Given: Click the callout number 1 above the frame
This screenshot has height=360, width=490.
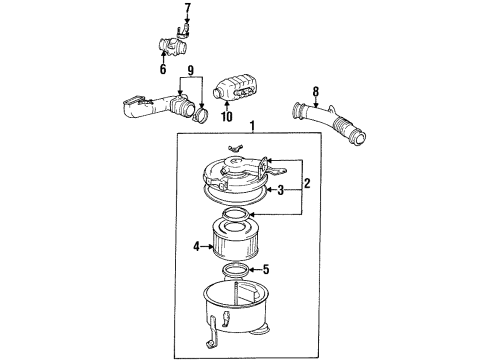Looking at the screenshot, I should coord(252,127).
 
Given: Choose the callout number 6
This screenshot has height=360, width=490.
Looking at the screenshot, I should coord(162,70).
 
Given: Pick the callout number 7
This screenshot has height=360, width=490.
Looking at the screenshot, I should coord(186,9).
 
